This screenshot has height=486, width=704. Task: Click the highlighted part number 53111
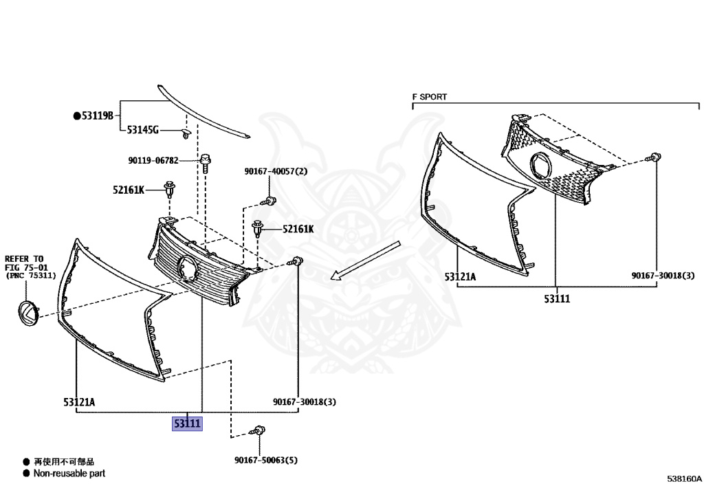(187, 423)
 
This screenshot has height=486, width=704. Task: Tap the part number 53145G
(143, 130)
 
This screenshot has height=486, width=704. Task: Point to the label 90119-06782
(153, 160)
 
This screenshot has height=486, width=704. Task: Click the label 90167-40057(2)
(276, 171)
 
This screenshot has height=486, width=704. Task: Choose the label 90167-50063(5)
(266, 460)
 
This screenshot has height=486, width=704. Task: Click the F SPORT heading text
(430, 96)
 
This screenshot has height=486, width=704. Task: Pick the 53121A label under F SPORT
(460, 276)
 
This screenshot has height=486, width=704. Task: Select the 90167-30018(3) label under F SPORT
(663, 275)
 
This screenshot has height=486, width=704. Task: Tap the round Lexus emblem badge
(27, 313)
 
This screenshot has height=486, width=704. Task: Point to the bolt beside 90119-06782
(206, 163)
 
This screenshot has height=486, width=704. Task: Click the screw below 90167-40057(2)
(269, 201)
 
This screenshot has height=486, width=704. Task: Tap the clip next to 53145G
(186, 134)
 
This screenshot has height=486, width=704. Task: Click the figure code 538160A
(684, 478)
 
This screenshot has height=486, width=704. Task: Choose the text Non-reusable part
(69, 473)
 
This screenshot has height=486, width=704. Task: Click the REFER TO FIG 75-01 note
(30, 267)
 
